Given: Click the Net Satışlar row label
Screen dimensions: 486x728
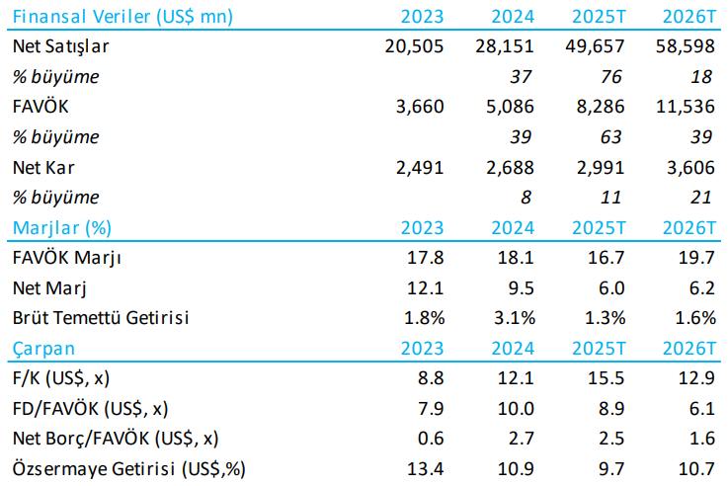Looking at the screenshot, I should [61, 45].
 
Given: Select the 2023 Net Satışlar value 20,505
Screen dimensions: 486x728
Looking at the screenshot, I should [415, 45].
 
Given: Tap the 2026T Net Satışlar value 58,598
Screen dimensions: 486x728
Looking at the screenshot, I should [684, 45].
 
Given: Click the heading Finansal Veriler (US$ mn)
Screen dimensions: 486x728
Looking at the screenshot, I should [111, 16].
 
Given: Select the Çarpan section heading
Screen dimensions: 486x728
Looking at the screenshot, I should [43, 349].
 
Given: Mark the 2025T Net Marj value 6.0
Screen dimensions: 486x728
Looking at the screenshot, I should [611, 288].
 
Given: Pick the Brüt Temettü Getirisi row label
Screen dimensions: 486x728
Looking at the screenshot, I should [101, 318].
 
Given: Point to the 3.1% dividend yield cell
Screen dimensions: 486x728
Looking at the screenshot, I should [514, 318].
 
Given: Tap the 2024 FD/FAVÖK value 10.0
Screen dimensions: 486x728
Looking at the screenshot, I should [518, 409].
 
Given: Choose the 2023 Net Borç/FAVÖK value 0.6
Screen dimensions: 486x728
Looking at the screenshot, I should [432, 439].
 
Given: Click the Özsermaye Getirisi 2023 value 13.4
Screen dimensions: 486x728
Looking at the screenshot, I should [428, 468].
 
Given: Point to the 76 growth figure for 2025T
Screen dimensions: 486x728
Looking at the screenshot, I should [614, 76].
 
